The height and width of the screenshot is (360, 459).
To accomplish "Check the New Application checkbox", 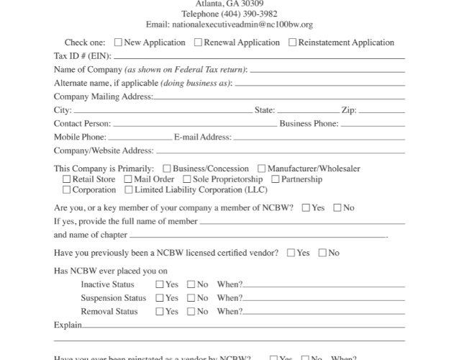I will pyautogui.click(x=118, y=42).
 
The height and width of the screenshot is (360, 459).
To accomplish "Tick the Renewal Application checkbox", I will pyautogui.click(x=199, y=42).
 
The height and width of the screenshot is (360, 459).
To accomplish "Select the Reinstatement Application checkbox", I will pyautogui.click(x=292, y=42).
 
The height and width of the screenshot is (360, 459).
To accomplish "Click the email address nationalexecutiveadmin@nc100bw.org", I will pyautogui.click(x=229, y=24).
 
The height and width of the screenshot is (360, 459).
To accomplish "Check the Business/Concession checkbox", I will pyautogui.click(x=167, y=169).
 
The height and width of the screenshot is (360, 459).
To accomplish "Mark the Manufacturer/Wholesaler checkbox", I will pyautogui.click(x=262, y=169).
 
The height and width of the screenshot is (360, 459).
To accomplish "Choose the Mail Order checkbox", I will pyautogui.click(x=127, y=179).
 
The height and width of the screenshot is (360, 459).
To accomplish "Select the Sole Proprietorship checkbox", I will pyautogui.click(x=187, y=179).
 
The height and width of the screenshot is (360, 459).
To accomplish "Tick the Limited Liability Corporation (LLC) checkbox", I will pyautogui.click(x=129, y=190).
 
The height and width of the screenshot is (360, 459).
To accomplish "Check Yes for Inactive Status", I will pyautogui.click(x=160, y=284).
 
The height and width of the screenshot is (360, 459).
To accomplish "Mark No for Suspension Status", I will pyautogui.click(x=191, y=298).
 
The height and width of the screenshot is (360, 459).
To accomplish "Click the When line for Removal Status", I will pyautogui.click(x=324, y=312).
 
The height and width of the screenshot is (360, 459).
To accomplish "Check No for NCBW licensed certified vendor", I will pyautogui.click(x=322, y=253).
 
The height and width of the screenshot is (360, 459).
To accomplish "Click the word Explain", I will pyautogui.click(x=68, y=325).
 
